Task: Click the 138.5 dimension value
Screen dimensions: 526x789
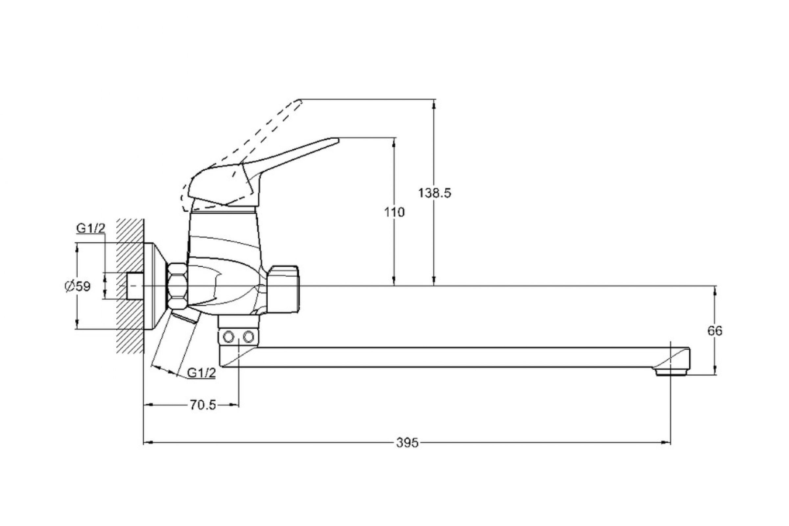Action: click(434, 193)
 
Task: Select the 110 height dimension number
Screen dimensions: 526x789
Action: click(394, 212)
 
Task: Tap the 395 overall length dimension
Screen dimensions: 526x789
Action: click(407, 443)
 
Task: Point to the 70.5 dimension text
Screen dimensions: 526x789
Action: click(203, 405)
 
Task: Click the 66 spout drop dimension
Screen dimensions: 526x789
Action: click(715, 331)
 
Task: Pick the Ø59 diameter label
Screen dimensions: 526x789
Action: click(78, 286)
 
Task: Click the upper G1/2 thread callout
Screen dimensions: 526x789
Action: click(91, 228)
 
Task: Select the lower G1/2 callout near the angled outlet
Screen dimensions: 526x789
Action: click(201, 373)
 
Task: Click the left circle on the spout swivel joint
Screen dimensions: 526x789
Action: click(228, 337)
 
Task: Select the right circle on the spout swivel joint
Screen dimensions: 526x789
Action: click(249, 336)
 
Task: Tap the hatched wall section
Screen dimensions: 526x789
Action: click(130, 255)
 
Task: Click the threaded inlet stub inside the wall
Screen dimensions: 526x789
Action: click(135, 286)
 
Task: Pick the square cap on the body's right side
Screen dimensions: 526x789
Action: click(284, 289)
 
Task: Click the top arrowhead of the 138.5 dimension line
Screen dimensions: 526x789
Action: click(434, 104)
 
